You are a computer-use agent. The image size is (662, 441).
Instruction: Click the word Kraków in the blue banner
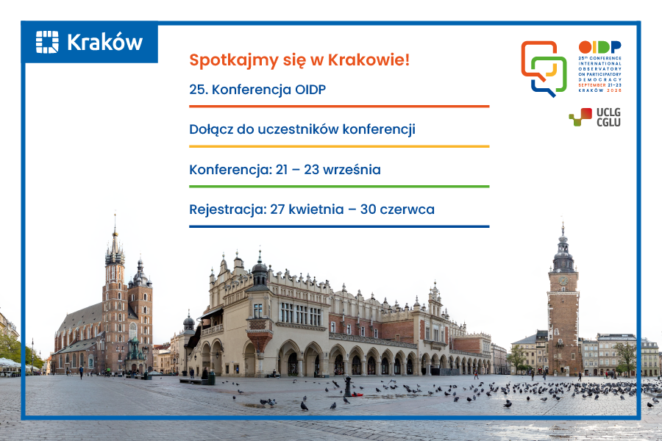coord(104,42)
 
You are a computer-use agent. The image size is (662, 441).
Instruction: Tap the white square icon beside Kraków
coord(47,42)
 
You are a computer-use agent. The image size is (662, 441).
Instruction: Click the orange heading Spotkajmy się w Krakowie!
coord(299,60)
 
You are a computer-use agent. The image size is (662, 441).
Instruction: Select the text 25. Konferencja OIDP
coord(257,90)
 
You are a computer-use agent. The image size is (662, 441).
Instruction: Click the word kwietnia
coord(318,209)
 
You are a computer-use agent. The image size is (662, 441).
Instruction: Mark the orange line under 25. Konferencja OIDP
coord(338,107)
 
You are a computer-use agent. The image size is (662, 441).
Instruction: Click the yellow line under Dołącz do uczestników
coord(338,146)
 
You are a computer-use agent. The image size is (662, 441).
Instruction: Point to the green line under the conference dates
coord(338,187)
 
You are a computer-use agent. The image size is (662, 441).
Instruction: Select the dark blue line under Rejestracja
coord(338,226)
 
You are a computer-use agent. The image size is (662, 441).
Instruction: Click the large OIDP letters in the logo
coord(599,47)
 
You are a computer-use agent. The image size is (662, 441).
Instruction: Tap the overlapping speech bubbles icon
coord(544,68)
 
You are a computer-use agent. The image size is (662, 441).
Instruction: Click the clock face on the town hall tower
coord(563,281)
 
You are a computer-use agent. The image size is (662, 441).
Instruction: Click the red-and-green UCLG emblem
coord(580,117)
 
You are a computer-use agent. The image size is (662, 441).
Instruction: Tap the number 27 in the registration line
coord(277,209)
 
